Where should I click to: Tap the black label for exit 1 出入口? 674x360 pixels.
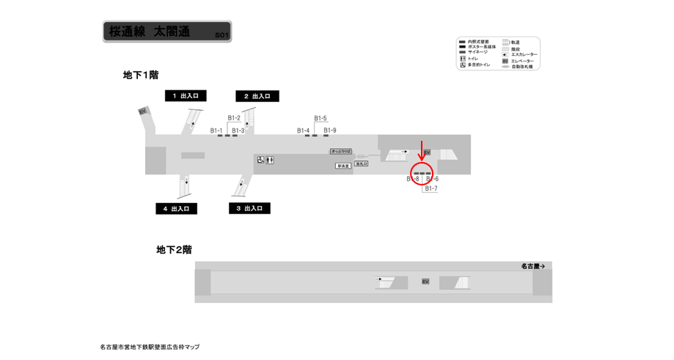(x=186, y=96)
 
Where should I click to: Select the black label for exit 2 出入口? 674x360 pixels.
(x=257, y=96)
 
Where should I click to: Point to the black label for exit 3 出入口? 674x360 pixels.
(x=249, y=208)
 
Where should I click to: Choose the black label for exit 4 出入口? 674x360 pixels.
(x=176, y=209)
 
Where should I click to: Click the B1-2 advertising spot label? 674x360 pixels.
(x=234, y=118)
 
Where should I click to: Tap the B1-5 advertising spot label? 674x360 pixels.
(x=320, y=118)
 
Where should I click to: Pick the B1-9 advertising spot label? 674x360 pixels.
(x=330, y=131)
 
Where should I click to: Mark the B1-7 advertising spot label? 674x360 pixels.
(x=431, y=188)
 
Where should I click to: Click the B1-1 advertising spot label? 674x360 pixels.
(x=216, y=131)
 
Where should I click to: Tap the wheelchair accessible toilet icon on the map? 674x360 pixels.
(x=260, y=160)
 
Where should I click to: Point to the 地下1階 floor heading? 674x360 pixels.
(x=141, y=75)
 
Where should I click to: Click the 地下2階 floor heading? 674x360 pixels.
(x=174, y=250)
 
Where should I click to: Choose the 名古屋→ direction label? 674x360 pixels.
(x=533, y=266)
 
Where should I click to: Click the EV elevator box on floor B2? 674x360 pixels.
(x=425, y=282)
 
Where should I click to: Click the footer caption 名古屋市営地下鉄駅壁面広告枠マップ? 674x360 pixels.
(x=150, y=347)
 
